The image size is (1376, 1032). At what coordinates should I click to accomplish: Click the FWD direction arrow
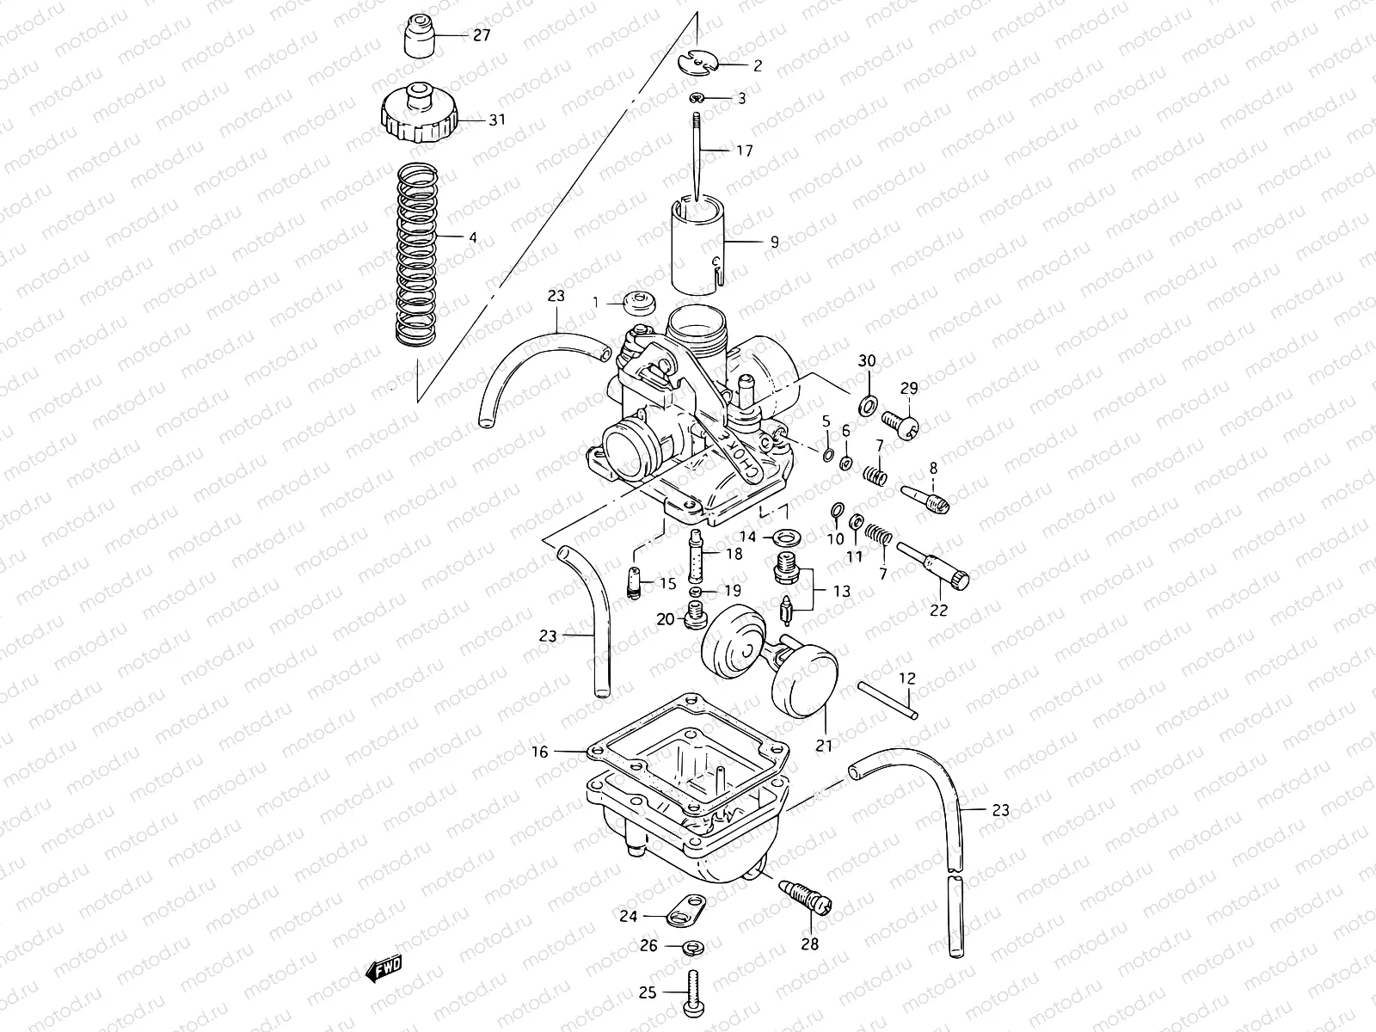tap(384, 970)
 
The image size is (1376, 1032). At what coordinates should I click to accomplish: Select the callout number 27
tap(481, 35)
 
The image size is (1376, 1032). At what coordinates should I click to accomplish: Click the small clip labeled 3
tap(697, 99)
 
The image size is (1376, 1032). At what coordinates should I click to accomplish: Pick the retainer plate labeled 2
tap(696, 61)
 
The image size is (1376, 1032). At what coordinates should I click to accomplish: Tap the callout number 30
tap(867, 360)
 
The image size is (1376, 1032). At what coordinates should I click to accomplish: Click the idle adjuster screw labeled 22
tap(933, 566)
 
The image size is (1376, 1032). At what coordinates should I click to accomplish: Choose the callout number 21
tap(824, 746)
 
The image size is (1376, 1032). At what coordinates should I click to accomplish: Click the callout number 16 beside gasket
tap(539, 752)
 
